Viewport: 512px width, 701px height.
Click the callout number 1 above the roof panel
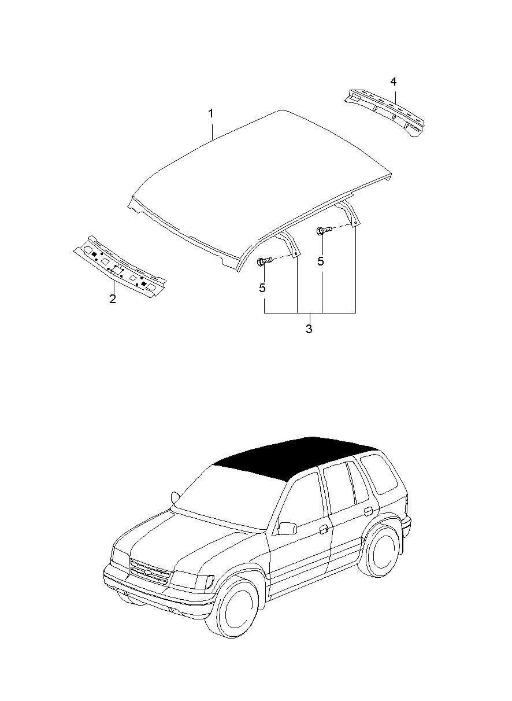211,113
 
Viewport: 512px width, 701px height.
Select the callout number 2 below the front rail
113,298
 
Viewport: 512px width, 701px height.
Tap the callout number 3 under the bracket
309,329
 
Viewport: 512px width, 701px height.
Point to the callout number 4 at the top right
394,82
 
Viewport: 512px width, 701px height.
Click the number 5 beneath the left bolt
262,288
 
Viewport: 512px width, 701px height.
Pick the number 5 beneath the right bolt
321,261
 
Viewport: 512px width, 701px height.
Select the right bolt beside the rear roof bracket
324,231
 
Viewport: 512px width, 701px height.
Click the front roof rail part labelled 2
120,267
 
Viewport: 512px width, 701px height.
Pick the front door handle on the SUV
324,529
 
